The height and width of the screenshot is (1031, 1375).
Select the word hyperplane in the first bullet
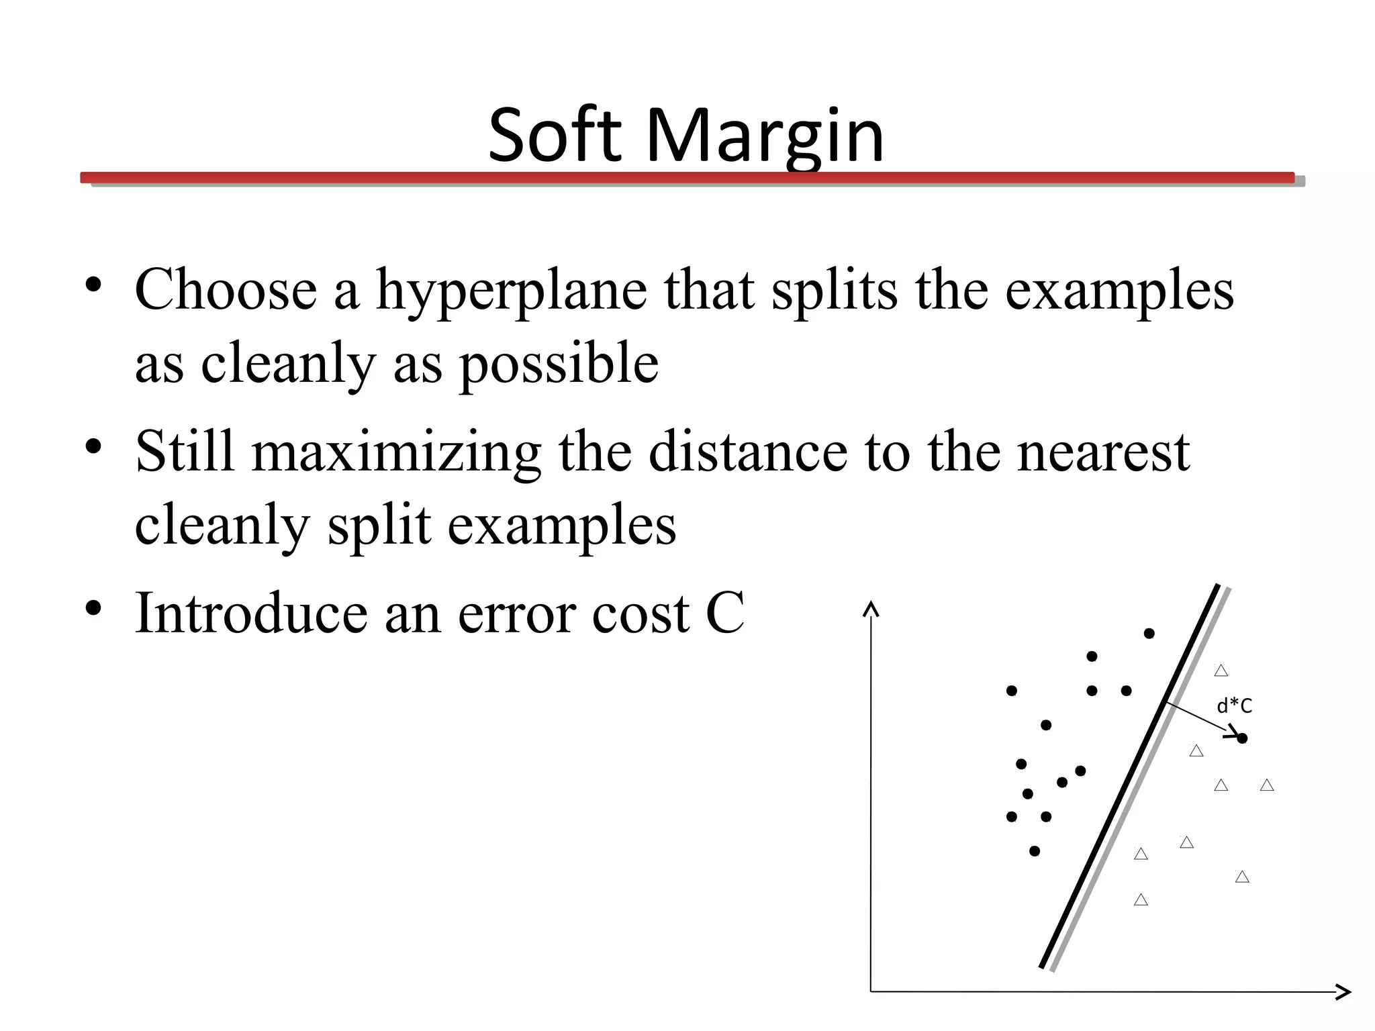point(512,291)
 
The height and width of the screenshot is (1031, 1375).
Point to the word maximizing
point(396,452)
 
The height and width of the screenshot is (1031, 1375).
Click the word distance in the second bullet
point(748,452)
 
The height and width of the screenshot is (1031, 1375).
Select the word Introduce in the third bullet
point(251,612)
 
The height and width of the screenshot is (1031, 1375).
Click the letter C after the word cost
point(725,612)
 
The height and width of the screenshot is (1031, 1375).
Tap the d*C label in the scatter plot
point(1234,705)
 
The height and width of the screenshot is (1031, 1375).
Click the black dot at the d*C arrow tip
point(1242,738)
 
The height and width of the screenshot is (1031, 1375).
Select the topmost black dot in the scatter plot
point(1149,633)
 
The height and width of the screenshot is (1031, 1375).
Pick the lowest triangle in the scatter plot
point(1141,900)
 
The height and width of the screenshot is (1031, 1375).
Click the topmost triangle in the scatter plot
point(1221,671)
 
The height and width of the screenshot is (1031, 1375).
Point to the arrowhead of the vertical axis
point(871,608)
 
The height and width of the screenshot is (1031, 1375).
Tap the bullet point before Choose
point(93,285)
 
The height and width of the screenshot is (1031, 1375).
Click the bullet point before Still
point(93,446)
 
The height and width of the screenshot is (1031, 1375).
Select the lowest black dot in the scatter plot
point(1035,851)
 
